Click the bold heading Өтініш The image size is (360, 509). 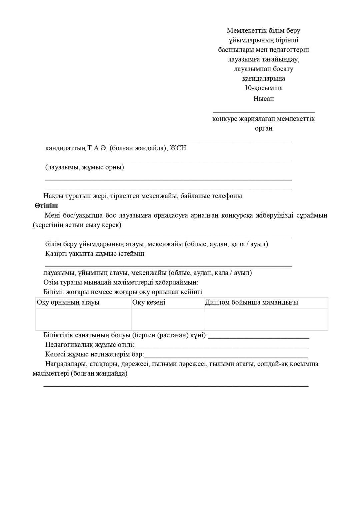(x=46, y=206)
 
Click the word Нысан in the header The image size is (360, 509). (x=263, y=99)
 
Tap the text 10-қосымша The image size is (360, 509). (x=263, y=88)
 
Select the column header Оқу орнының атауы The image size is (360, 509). (x=68, y=303)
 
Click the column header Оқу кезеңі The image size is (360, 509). (x=149, y=303)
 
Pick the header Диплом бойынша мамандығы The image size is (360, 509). (x=251, y=303)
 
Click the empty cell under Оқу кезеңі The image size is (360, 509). (x=167, y=319)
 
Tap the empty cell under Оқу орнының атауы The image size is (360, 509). (x=83, y=319)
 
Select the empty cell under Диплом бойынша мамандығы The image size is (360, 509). (x=266, y=319)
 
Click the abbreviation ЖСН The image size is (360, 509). (x=178, y=148)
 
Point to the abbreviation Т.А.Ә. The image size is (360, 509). (x=98, y=148)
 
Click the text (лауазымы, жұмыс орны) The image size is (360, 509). (x=85, y=167)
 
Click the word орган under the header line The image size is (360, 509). (x=263, y=128)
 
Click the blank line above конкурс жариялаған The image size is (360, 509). (x=263, y=112)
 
